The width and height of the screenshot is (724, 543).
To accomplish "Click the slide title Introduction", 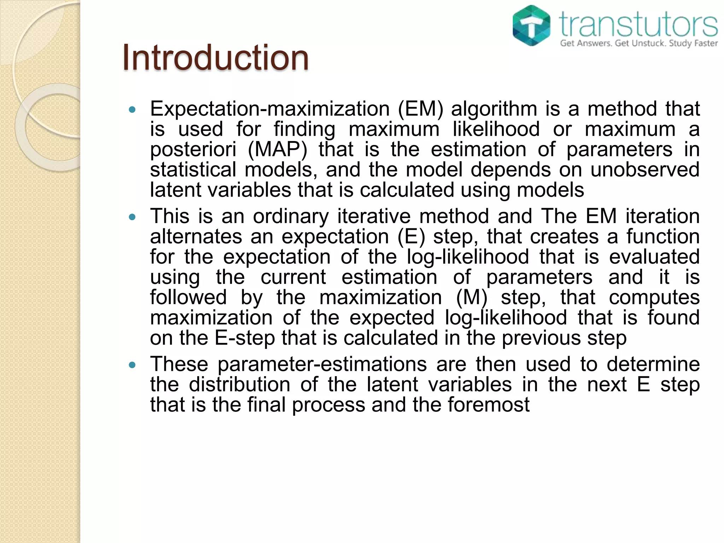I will click(x=215, y=58).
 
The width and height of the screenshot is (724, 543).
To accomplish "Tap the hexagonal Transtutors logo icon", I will click(x=531, y=25).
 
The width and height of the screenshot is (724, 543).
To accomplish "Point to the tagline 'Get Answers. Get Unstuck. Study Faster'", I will click(x=639, y=43).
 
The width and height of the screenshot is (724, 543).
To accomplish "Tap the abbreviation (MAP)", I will click(x=278, y=150).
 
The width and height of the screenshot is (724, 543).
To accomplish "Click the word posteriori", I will click(x=193, y=150).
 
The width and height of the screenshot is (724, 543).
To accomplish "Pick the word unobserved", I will click(x=645, y=170).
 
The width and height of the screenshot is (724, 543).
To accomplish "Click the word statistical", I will click(x=193, y=170).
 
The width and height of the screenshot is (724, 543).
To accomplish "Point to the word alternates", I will click(x=196, y=237).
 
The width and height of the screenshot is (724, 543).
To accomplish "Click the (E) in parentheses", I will click(x=411, y=237).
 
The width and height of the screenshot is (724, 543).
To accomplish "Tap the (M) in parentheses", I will click(x=472, y=297).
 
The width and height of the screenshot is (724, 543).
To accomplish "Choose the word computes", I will click(x=654, y=297).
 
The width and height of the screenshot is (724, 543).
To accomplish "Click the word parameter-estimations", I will click(x=322, y=364).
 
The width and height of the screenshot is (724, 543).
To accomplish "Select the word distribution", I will click(x=239, y=385).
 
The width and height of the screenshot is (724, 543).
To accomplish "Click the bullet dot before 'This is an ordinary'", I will click(x=132, y=217).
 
